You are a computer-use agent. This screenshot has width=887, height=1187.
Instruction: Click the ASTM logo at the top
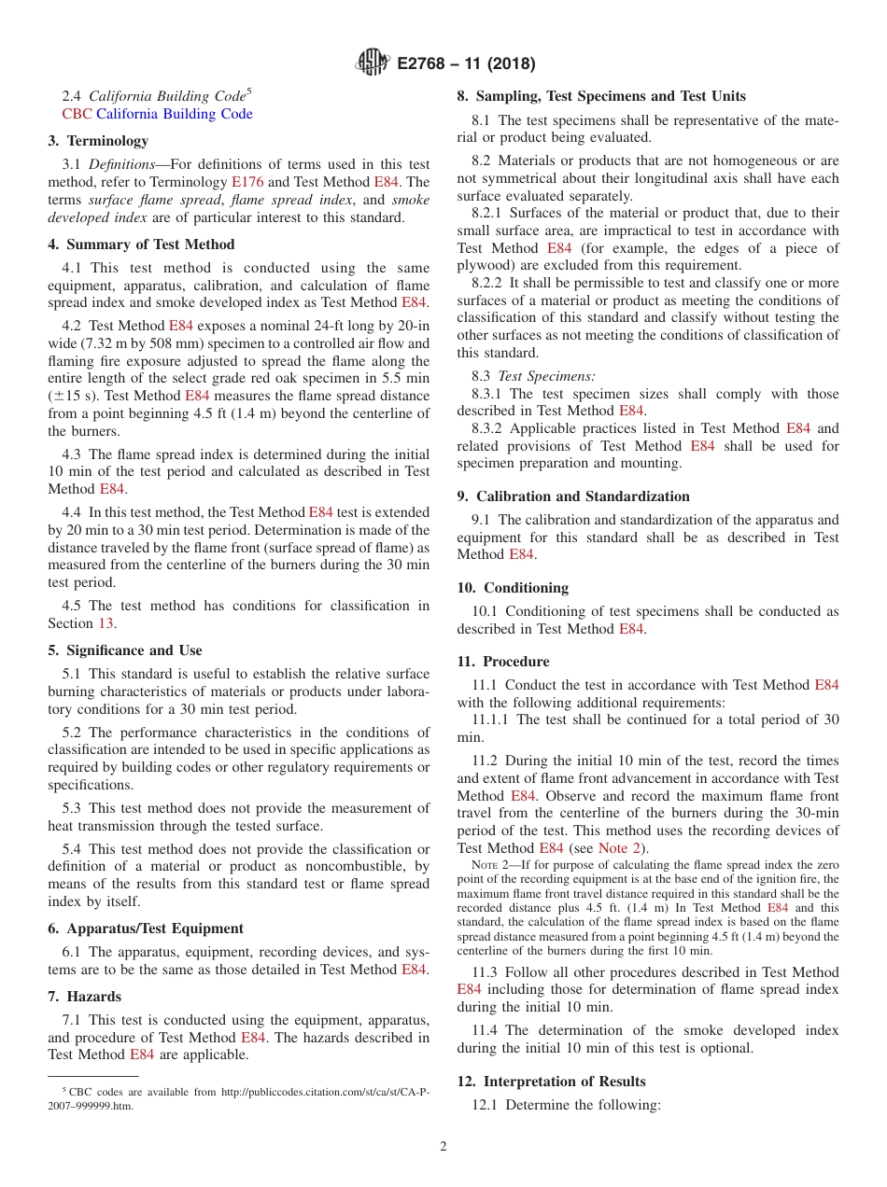click(x=373, y=64)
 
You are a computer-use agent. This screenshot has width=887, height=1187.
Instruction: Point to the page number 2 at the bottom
click(x=443, y=1146)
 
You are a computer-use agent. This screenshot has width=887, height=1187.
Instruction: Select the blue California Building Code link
click(x=175, y=114)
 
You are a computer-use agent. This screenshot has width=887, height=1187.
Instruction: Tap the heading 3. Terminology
click(x=98, y=141)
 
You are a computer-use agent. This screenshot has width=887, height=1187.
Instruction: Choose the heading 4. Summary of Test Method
click(x=141, y=244)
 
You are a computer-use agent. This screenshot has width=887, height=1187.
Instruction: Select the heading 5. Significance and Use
click(x=125, y=650)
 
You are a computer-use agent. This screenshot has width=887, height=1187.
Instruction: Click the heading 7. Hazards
click(x=85, y=997)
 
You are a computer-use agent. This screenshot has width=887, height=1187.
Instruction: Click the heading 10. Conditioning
click(x=513, y=588)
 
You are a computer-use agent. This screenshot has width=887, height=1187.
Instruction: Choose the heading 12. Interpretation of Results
click(x=551, y=1082)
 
